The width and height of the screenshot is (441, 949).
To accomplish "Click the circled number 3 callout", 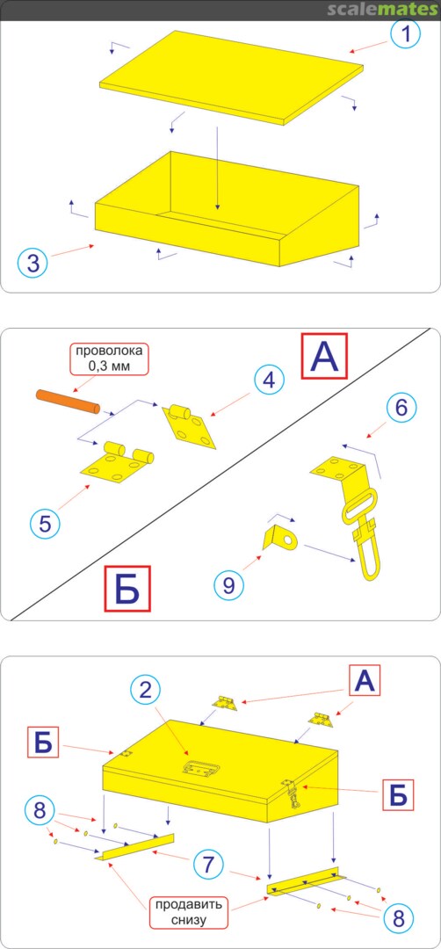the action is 33,263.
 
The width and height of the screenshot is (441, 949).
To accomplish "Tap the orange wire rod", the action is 68,402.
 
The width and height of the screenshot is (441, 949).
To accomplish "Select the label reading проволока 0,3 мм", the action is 107,358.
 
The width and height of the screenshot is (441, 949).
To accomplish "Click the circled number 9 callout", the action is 229,584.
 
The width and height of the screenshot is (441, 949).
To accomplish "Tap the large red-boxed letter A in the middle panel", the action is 325,357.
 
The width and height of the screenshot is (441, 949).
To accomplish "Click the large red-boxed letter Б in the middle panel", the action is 127,589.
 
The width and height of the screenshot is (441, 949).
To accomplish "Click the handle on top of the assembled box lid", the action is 200,768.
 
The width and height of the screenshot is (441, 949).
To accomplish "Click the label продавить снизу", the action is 189,913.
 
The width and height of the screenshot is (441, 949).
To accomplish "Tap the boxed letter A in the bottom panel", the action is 365,682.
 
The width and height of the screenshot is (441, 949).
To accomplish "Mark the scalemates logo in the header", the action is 382,9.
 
